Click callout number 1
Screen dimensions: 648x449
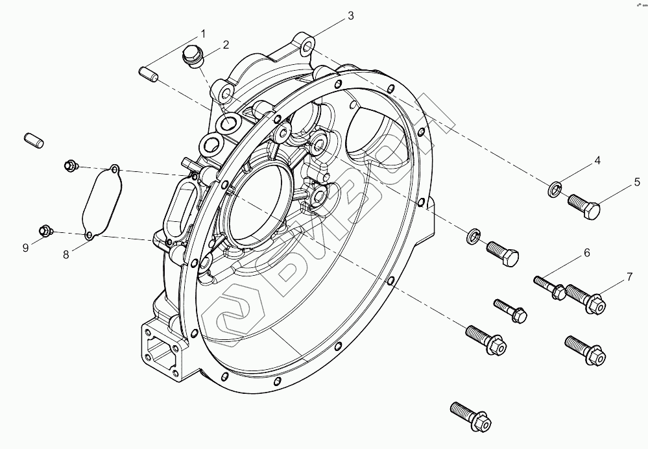click(x=203, y=33)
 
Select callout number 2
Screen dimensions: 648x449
click(x=226, y=45)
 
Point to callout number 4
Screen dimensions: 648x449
click(x=597, y=160)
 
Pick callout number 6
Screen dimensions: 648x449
click(x=586, y=252)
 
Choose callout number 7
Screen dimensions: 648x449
click(x=629, y=278)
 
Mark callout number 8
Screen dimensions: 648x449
click(x=66, y=255)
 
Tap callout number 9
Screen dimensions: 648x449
click(x=25, y=248)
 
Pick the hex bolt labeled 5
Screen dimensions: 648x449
click(x=584, y=207)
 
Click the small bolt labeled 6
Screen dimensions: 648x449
click(x=549, y=286)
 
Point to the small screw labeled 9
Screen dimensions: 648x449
click(x=45, y=230)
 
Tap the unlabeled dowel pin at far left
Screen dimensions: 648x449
click(x=33, y=140)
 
